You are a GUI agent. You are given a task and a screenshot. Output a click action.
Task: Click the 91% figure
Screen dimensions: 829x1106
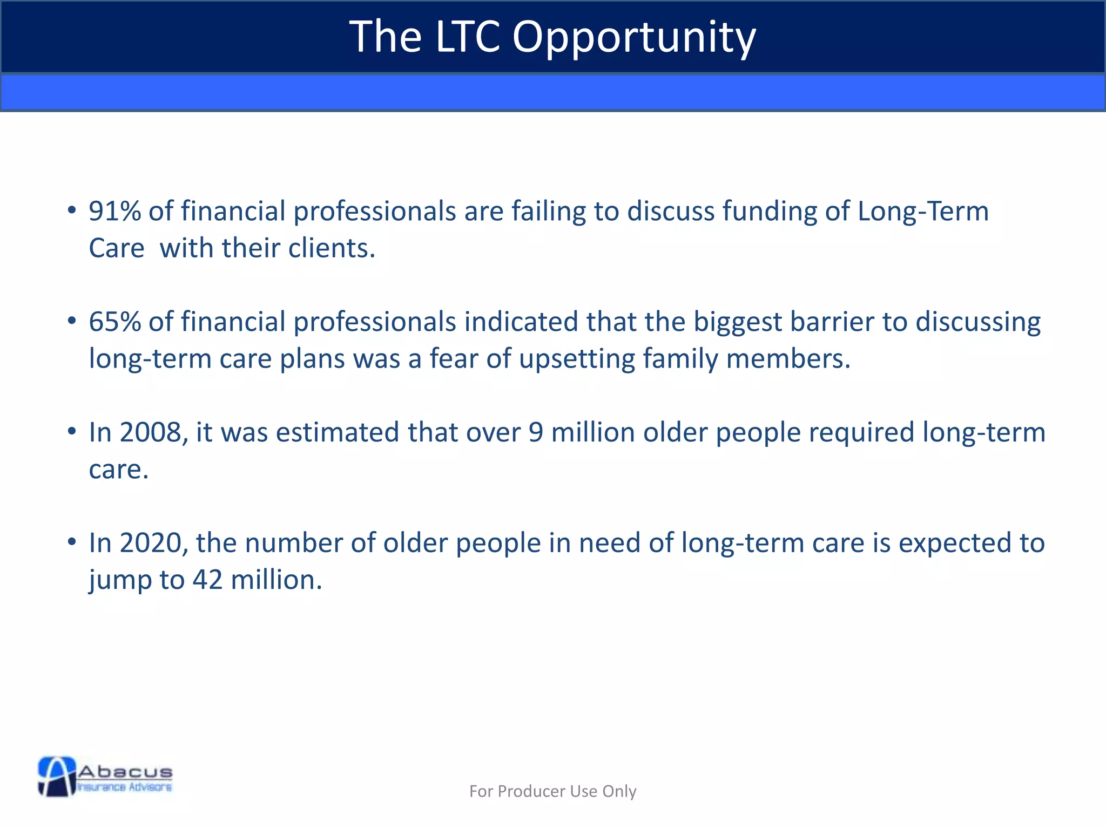coord(114,211)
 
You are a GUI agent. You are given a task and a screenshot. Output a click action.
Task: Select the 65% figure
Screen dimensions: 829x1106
coord(114,322)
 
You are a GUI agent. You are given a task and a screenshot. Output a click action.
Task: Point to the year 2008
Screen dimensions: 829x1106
coord(150,432)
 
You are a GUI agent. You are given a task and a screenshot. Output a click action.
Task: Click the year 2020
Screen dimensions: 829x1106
coord(150,543)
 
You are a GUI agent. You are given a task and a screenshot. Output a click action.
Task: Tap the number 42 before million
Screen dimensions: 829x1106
coord(208,580)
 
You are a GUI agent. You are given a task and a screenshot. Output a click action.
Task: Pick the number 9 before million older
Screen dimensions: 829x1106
coord(535,432)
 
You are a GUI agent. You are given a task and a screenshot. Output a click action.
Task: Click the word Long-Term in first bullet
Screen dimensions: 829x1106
coord(923,211)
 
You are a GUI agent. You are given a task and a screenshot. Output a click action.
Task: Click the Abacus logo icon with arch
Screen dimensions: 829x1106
coord(57,776)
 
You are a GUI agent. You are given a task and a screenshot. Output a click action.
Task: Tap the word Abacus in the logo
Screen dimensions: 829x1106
coord(125,771)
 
